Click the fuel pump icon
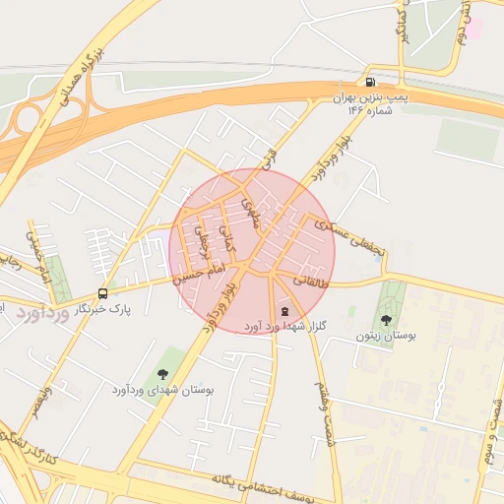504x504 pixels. click(370, 83)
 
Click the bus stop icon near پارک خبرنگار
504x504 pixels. click(102, 293)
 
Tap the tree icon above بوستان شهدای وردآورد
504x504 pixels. click(162, 374)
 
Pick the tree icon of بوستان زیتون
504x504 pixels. click(386, 320)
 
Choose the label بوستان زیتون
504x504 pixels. click(386, 336)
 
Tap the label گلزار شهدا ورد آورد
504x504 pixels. click(284, 325)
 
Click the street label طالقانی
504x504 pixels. click(308, 282)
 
